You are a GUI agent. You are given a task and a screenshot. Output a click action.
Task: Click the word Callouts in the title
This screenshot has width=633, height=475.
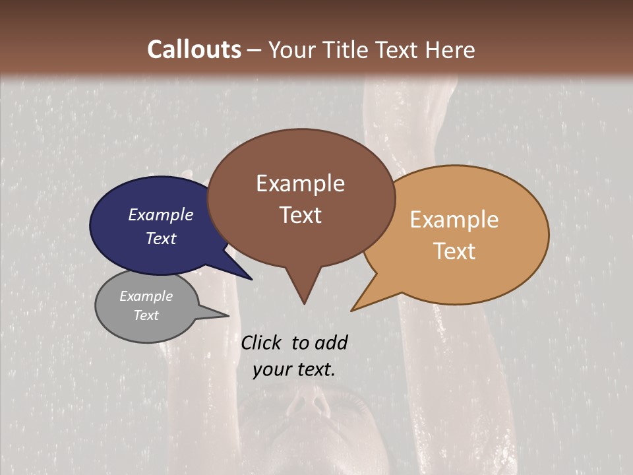pos(194,49)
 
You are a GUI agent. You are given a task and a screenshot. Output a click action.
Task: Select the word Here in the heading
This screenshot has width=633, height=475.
pos(448,49)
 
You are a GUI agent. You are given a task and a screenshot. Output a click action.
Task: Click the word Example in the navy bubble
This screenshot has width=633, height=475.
pos(161,214)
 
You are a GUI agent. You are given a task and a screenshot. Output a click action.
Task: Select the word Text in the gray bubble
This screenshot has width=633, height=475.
pos(146,315)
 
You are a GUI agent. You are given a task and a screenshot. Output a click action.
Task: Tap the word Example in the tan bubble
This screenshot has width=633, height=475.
pos(454,219)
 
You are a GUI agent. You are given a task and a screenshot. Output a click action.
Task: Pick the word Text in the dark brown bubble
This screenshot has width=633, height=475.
pos(301,215)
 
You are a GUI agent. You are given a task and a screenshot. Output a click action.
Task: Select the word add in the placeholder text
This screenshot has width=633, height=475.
pos(331,342)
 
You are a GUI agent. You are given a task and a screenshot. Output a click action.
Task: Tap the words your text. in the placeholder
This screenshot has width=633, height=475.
pos(294,370)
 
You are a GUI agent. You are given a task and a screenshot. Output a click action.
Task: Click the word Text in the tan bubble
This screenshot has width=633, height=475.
pos(455,251)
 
